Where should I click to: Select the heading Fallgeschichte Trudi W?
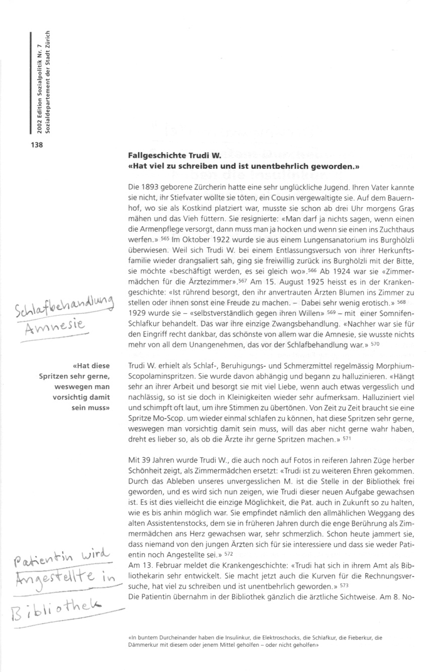[x=172, y=157]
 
